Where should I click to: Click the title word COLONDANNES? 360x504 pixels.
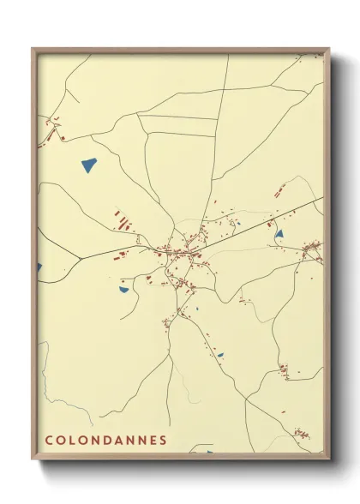click(105, 440)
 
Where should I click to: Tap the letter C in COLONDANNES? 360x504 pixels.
click(49, 440)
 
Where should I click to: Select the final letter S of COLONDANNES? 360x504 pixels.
click(162, 440)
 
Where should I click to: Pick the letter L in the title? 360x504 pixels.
click(72, 440)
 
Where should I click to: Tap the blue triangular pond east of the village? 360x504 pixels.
click(279, 233)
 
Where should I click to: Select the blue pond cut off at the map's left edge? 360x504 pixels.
click(39, 268)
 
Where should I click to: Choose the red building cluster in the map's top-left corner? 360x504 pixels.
click(55, 132)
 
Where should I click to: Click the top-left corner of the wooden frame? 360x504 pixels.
click(33, 49)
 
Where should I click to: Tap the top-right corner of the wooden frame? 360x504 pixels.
click(329, 49)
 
